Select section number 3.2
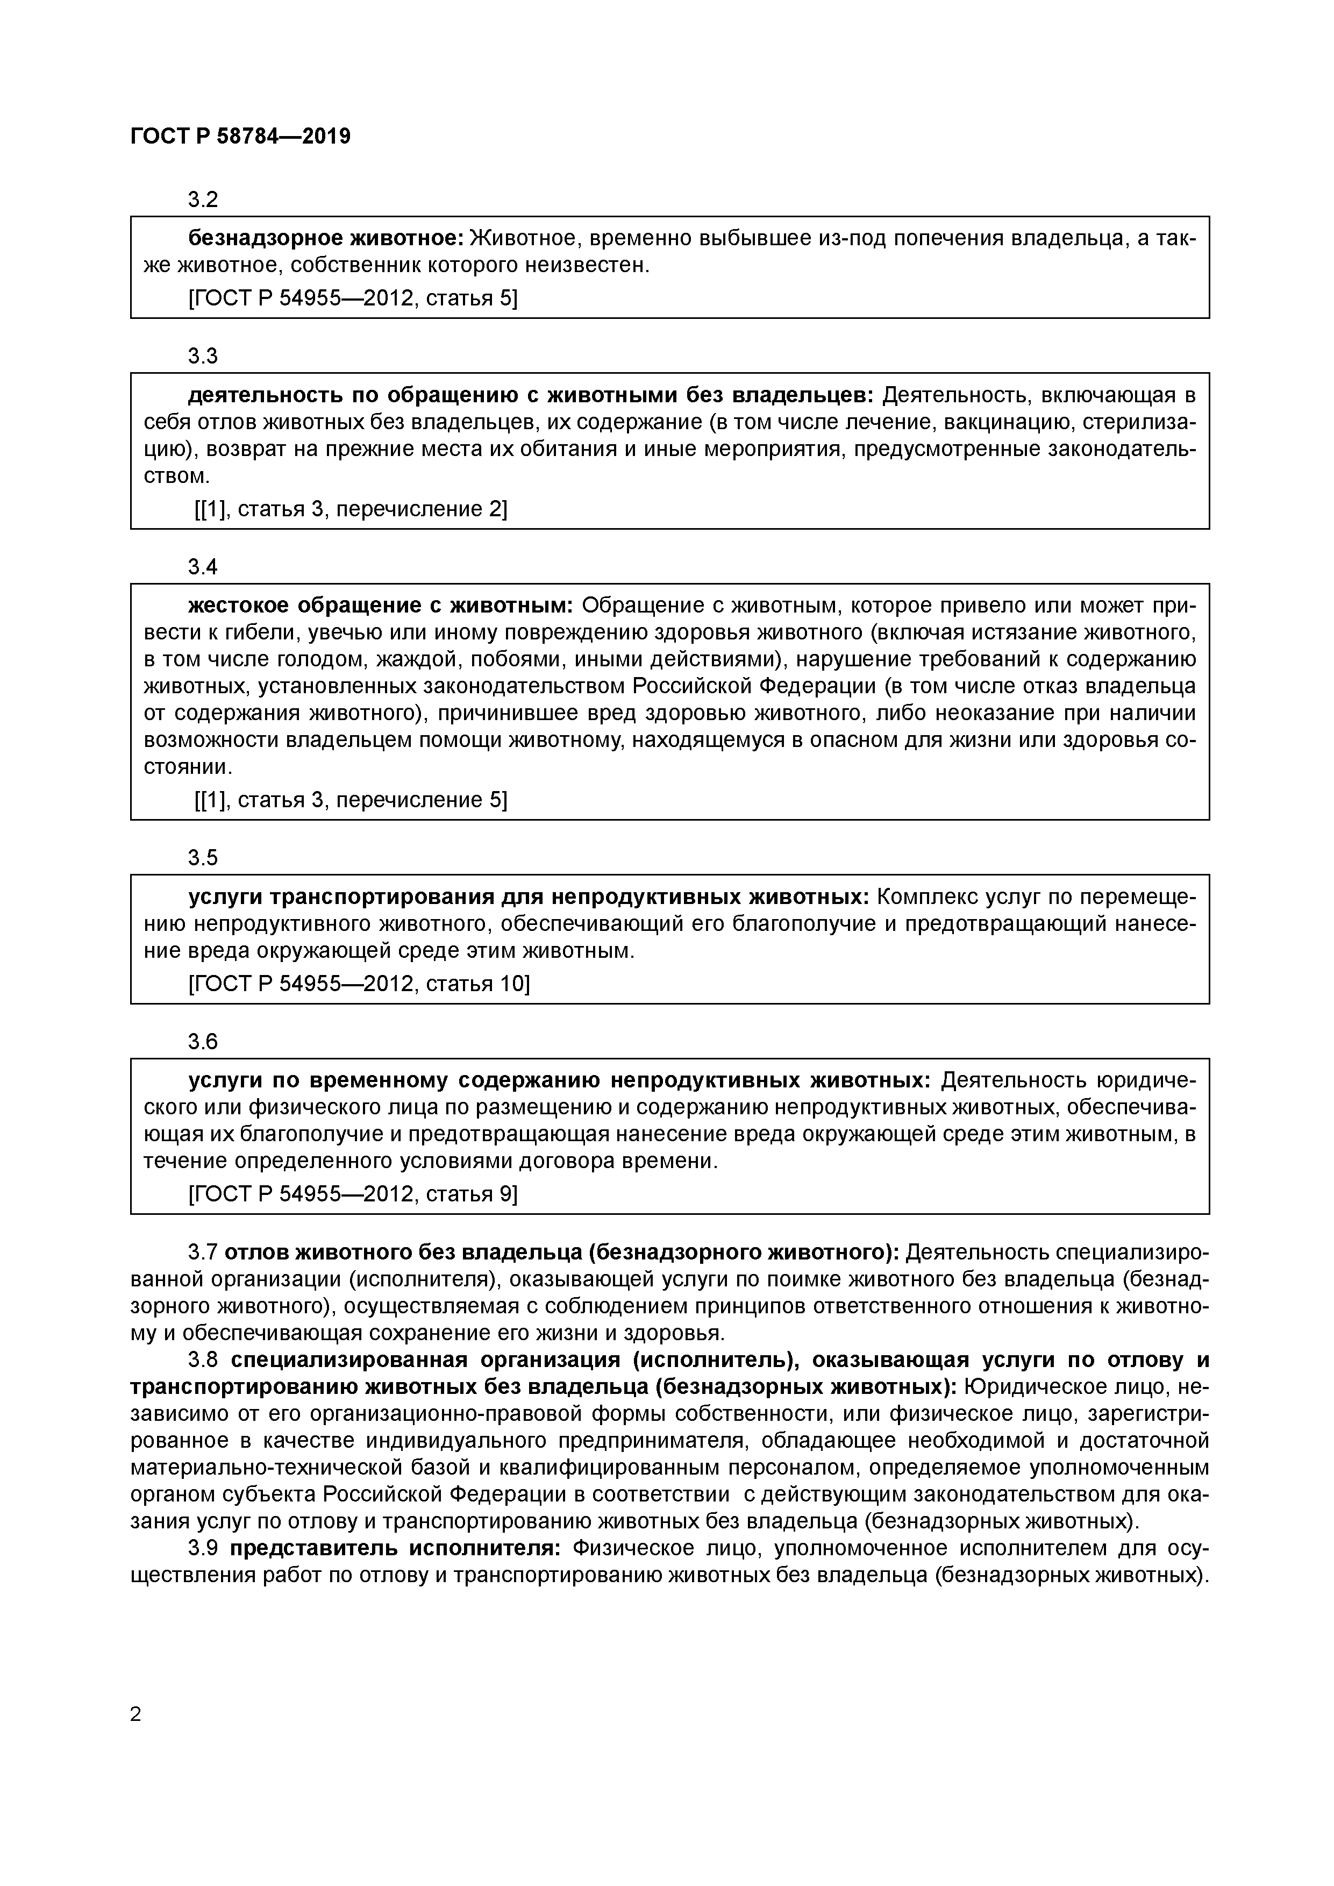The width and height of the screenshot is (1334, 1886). pos(203,200)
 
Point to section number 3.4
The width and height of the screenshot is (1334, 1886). pos(203,567)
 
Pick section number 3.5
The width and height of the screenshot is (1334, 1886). pos(203,858)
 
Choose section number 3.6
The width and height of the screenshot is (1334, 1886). pos(203,1042)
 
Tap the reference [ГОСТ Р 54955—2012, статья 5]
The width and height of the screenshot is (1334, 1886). pos(353,298)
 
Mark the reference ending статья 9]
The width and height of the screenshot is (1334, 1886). pos(353,1193)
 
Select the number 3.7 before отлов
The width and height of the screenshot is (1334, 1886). pos(203,1252)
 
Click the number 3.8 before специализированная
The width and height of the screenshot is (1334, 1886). pos(203,1360)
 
